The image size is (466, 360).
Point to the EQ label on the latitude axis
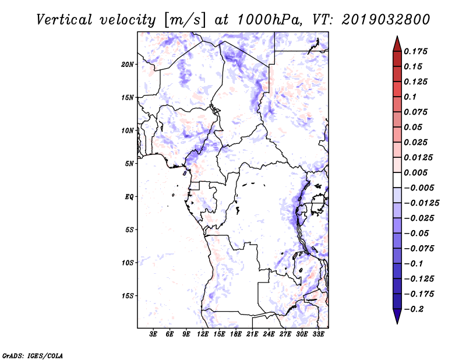click(129, 197)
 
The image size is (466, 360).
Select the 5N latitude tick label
click(129, 164)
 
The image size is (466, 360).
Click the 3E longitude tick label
click(154, 335)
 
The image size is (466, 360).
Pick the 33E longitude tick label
click(319, 335)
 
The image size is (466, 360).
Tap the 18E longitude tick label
click(236, 335)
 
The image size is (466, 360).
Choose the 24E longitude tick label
click(269, 335)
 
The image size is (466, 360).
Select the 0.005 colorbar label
click(416, 172)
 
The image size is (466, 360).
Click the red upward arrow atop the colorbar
click(397, 43)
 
